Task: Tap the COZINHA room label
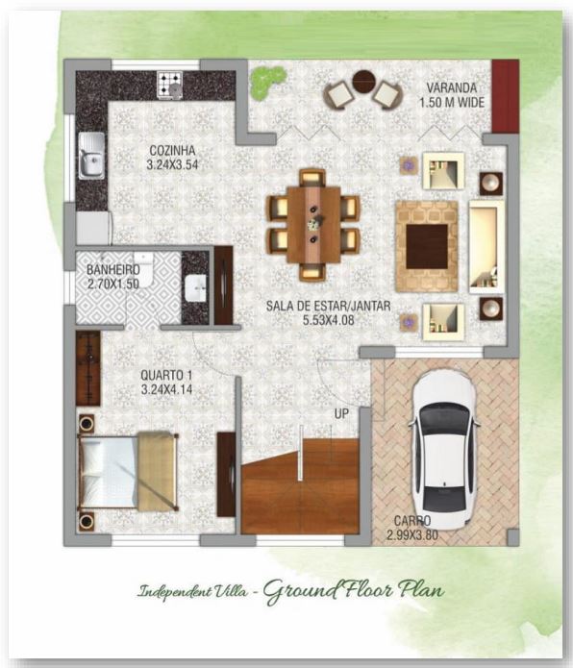pyautogui.click(x=172, y=151)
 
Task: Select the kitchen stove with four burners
pyautogui.click(x=171, y=84)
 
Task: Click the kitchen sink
pyautogui.click(x=92, y=155)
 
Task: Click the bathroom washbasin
pyautogui.click(x=195, y=285)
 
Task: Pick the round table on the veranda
pyautogui.click(x=363, y=83)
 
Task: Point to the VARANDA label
pyautogui.click(x=454, y=87)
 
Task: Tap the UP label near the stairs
pyautogui.click(x=340, y=413)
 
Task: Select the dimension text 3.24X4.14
pyautogui.click(x=170, y=390)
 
